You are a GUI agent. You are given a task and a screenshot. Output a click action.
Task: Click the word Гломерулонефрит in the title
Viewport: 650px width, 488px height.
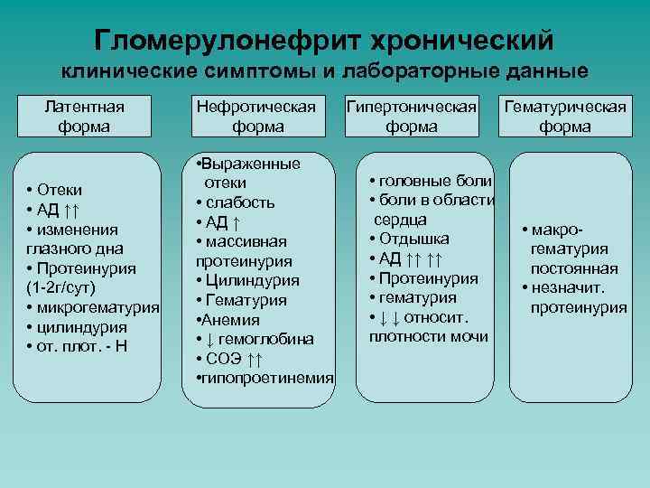pyautogui.click(x=225, y=41)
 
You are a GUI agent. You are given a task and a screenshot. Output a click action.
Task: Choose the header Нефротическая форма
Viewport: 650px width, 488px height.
pyautogui.click(x=257, y=117)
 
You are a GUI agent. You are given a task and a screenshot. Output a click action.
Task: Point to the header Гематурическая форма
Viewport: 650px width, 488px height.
pyautogui.click(x=565, y=117)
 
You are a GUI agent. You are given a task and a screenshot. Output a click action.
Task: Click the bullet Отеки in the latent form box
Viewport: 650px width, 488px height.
pyautogui.click(x=60, y=189)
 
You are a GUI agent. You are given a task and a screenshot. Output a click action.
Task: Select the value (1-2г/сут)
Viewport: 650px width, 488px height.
pyautogui.click(x=61, y=287)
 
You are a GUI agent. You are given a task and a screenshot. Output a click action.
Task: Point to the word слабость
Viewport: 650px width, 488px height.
pyautogui.click(x=239, y=202)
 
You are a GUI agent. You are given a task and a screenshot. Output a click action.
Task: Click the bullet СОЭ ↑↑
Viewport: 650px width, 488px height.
pyautogui.click(x=231, y=359)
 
